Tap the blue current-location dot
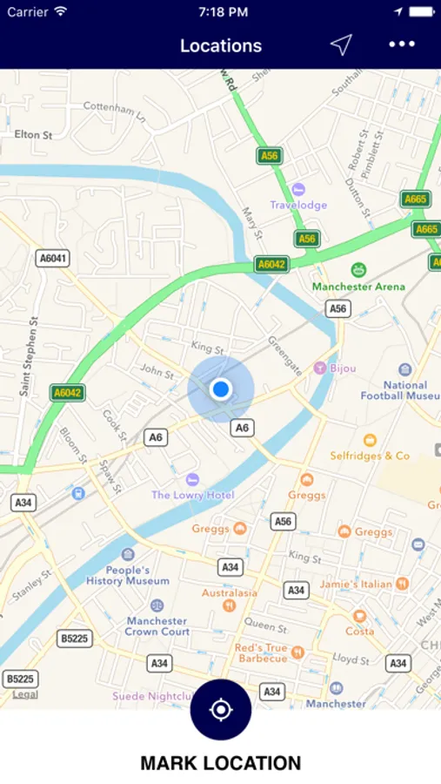point(221,389)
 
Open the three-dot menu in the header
point(402,45)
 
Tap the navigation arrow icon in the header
point(341,45)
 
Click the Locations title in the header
point(221,45)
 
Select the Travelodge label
point(298,205)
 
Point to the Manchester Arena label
point(358,286)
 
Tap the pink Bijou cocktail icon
point(320,368)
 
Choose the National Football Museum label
point(405,390)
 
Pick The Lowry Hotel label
point(193,495)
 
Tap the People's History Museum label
point(128,575)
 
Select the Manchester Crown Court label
point(157,626)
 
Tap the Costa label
point(359,631)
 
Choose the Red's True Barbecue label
point(261,652)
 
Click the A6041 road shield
point(52,259)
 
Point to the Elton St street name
point(34,135)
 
